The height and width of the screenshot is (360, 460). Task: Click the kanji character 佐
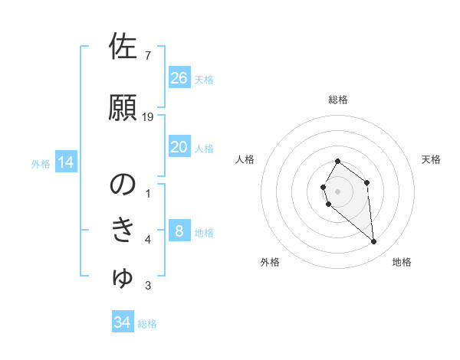point(123,47)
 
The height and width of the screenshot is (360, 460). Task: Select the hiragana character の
point(123,184)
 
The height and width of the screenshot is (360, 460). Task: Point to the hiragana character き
point(123,231)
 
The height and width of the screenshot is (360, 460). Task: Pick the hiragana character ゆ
point(123,277)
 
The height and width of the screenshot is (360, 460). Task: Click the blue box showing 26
point(179,78)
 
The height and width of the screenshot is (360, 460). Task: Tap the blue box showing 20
point(179,147)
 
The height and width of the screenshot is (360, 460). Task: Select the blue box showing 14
point(66,162)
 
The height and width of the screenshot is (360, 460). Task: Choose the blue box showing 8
point(179,231)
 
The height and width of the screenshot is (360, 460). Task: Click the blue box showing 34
point(123,322)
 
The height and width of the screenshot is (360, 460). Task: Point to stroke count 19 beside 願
point(148,117)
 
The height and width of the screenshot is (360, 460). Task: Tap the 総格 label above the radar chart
point(338,100)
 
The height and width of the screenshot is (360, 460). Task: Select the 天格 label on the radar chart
point(431,159)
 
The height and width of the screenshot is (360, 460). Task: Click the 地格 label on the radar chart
point(402,262)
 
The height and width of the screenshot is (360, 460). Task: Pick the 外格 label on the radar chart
point(270,262)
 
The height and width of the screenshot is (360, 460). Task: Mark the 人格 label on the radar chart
point(245,159)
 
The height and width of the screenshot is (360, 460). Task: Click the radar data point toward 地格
point(374,242)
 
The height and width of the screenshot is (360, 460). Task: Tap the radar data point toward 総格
point(338,162)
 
